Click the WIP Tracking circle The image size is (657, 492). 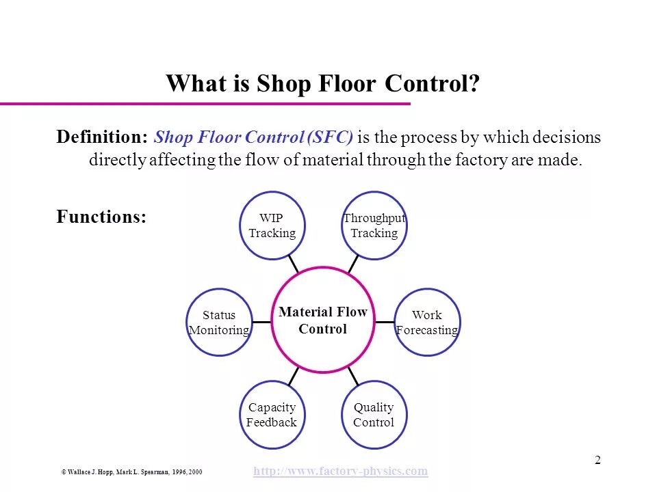pos(272,225)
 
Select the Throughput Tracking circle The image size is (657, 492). pos(374,225)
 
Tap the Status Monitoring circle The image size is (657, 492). pos(219,323)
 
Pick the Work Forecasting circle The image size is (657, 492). pos(427,323)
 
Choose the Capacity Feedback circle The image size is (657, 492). pos(272,415)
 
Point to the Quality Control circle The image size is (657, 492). pos(374,415)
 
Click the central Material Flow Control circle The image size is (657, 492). pos(323,320)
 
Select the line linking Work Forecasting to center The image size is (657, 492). pos(385,322)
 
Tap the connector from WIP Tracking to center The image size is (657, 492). pos(294,263)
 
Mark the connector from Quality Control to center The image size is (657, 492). pos(353,375)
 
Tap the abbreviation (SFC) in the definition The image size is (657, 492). pos(331,137)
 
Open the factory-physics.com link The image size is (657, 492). pos(340,471)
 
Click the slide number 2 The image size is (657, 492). pos(597,460)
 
